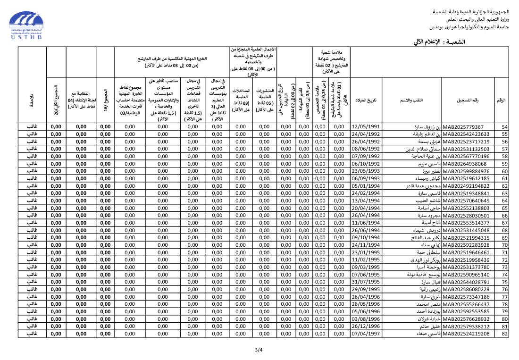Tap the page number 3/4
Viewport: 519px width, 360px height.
coord(259,350)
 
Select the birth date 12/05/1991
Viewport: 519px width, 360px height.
coord(366,127)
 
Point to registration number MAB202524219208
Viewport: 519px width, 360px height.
coord(466,334)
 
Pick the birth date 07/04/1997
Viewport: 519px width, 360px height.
coord(366,334)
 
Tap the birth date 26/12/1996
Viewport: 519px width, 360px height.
coord(366,327)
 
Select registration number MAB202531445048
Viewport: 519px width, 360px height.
coord(466,230)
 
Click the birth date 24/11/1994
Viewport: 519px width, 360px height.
coord(366,245)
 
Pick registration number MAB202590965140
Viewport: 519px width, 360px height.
coord(466,275)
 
